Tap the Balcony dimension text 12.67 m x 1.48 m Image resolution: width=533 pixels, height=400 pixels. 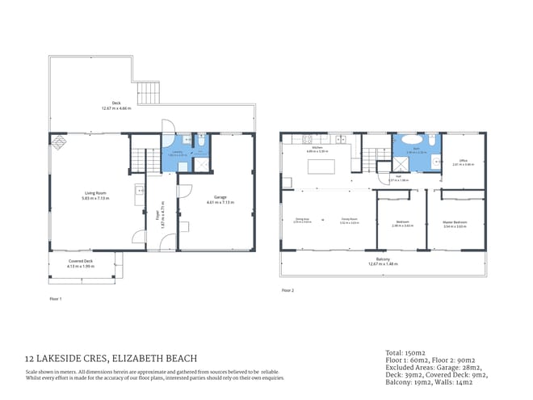click(384, 263)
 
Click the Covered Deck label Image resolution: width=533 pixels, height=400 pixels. click(80, 262)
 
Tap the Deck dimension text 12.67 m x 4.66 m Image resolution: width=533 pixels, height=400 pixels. click(115, 107)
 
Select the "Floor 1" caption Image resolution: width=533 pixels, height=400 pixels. click(55, 298)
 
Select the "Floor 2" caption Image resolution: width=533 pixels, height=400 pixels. click(287, 289)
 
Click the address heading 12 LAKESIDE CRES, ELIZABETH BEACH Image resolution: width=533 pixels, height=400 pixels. click(111, 357)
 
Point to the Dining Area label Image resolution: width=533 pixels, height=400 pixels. click(302, 220)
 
